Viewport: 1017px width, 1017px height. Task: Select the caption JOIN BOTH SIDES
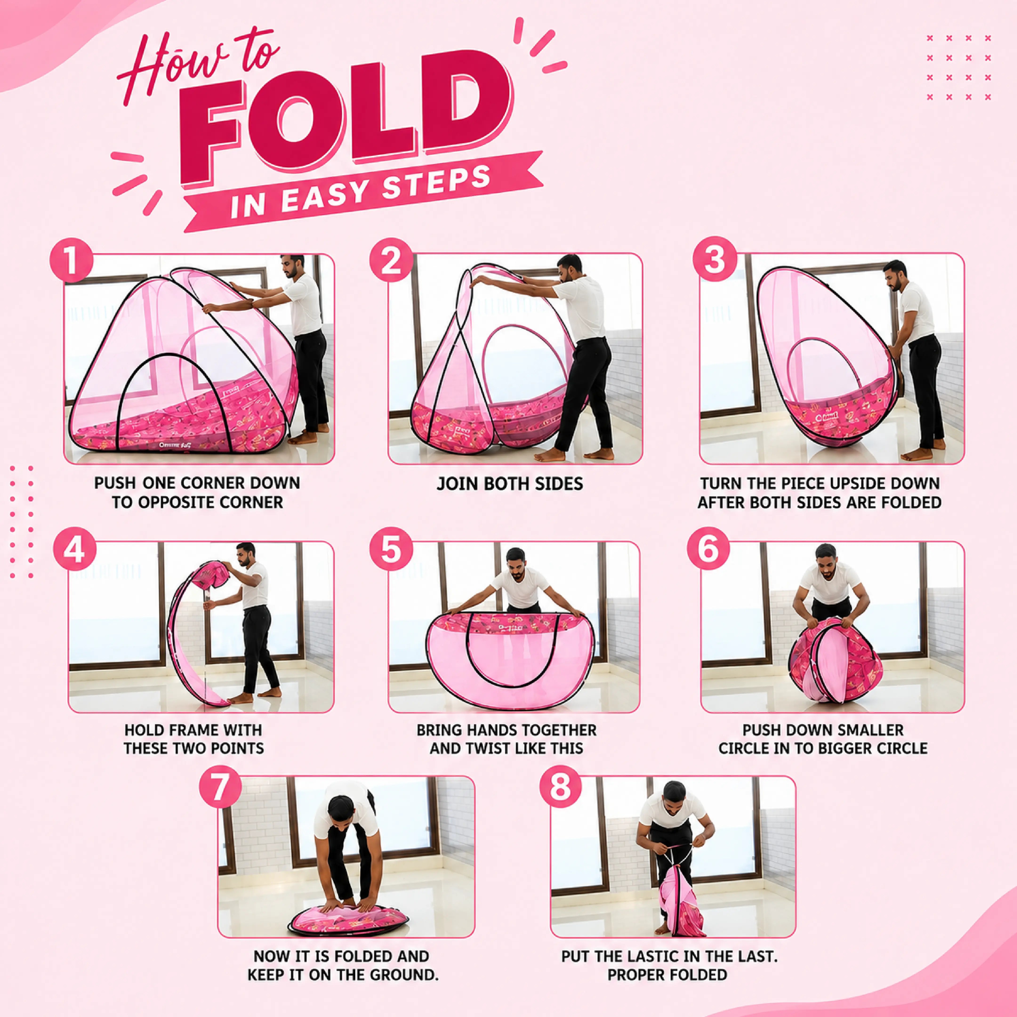click(510, 484)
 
